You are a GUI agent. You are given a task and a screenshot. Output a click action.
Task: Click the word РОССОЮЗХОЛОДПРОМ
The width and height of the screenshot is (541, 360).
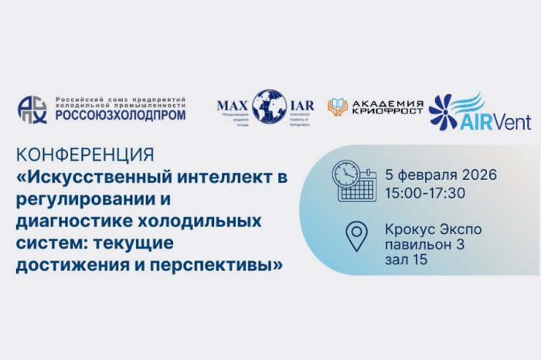click(120, 116)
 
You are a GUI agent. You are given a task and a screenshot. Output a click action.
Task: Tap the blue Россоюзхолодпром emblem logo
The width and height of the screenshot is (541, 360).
click(32, 109)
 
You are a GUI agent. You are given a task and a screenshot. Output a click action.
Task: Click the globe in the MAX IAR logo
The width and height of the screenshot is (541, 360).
click(268, 106)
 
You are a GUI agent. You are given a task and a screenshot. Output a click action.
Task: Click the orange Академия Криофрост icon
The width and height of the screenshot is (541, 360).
click(337, 107)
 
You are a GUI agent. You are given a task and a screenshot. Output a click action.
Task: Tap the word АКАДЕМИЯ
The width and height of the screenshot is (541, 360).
click(386, 103)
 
